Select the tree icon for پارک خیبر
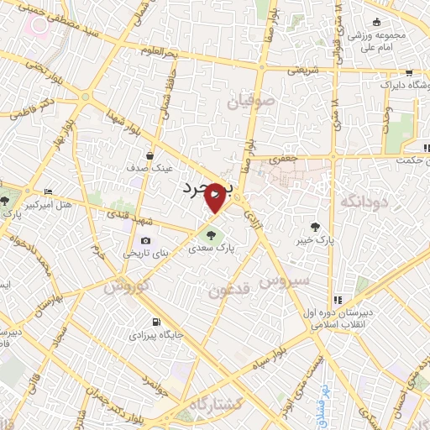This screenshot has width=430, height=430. (x=315, y=227)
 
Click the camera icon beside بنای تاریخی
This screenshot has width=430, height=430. (x=146, y=240)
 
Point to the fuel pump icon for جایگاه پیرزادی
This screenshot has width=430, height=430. (x=155, y=322)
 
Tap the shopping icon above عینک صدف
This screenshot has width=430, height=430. (x=149, y=155)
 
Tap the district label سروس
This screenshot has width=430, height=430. (x=286, y=279)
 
